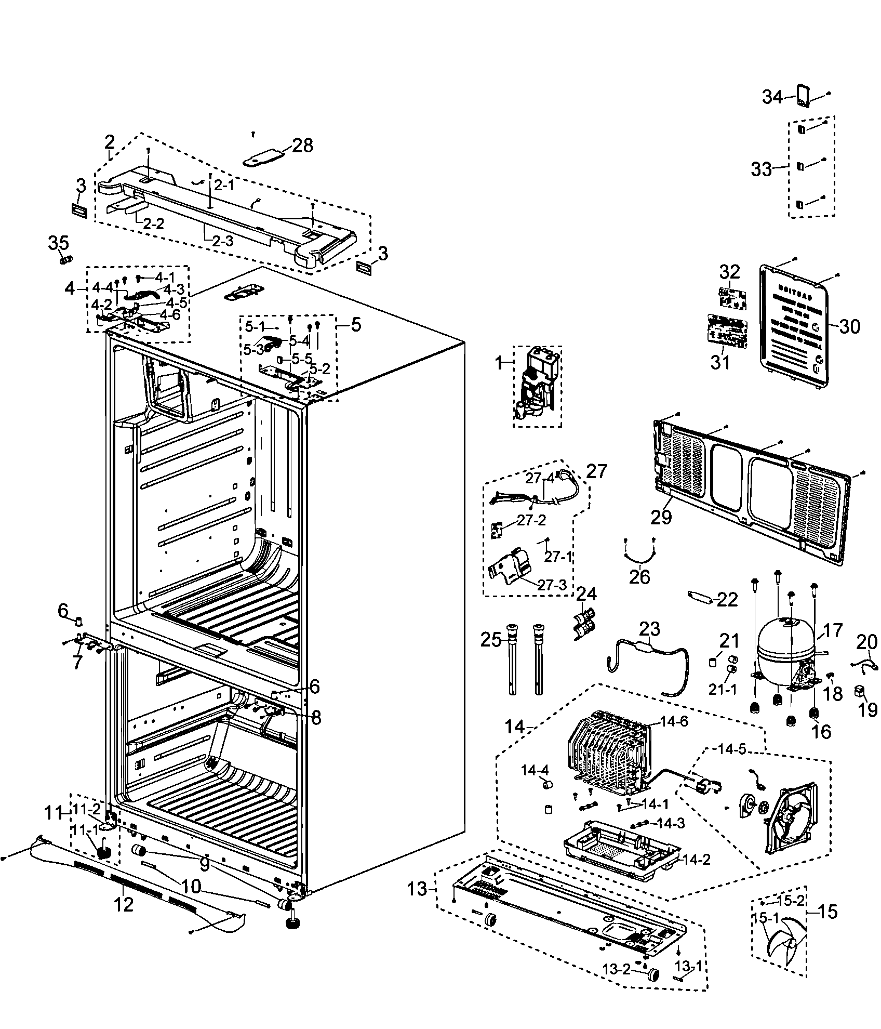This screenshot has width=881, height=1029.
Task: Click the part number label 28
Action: [302, 146]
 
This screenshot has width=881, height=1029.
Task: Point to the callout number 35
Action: [59, 243]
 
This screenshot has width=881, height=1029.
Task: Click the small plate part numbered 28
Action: [264, 156]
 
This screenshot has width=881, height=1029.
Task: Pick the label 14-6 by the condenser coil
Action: [675, 722]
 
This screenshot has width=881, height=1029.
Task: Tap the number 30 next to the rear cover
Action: [849, 326]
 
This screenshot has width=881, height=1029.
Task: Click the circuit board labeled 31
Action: [728, 332]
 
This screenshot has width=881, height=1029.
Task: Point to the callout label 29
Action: [661, 518]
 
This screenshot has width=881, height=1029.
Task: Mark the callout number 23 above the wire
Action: [649, 629]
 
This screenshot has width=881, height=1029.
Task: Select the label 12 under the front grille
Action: [124, 904]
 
